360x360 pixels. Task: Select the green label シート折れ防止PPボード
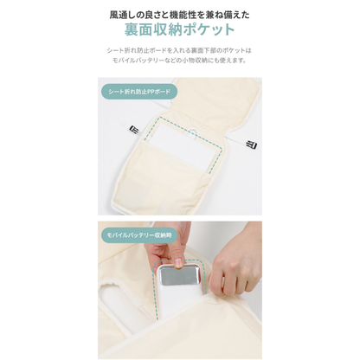[138, 91]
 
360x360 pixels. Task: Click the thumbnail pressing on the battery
[177, 262]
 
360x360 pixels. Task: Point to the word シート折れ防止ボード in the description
[143, 50]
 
